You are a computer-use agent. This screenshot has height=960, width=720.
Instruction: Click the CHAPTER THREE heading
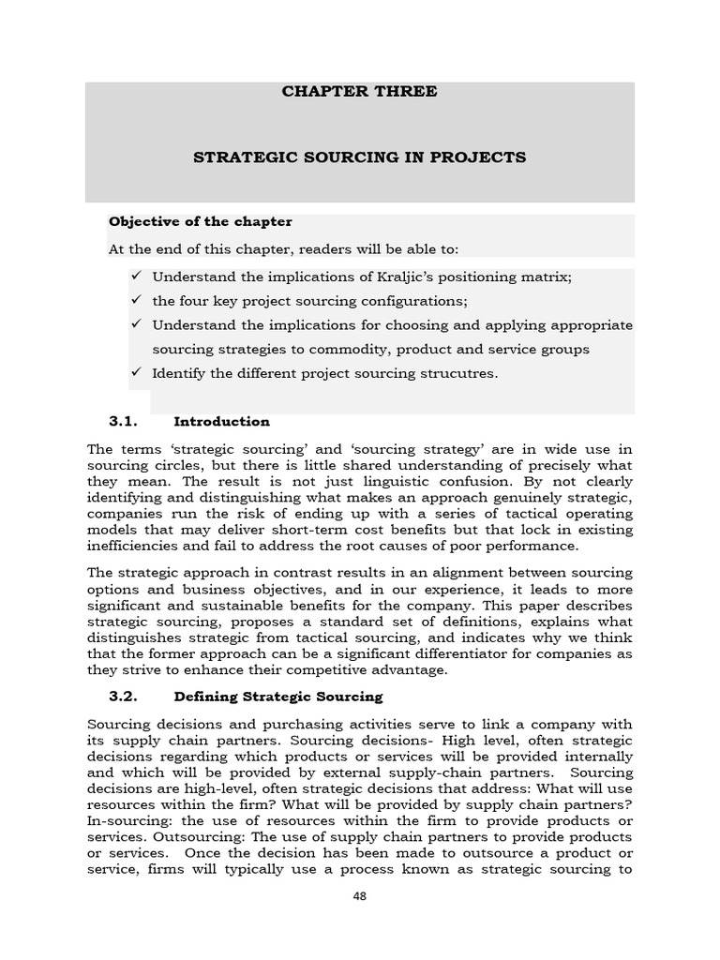click(x=359, y=92)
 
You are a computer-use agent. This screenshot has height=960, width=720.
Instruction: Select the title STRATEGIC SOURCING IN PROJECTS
click(x=359, y=157)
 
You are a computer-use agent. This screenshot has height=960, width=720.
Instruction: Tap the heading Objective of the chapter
click(x=201, y=222)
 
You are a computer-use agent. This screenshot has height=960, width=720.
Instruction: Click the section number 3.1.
click(x=124, y=422)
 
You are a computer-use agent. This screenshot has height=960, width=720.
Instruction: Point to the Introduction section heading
click(x=221, y=422)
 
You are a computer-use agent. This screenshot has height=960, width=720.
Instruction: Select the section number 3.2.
click(x=124, y=697)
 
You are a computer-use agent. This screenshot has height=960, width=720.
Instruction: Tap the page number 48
click(x=360, y=896)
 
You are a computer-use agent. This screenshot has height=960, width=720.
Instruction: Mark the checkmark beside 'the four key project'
click(x=136, y=301)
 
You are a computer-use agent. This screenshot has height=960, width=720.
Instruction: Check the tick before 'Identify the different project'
click(x=136, y=373)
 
